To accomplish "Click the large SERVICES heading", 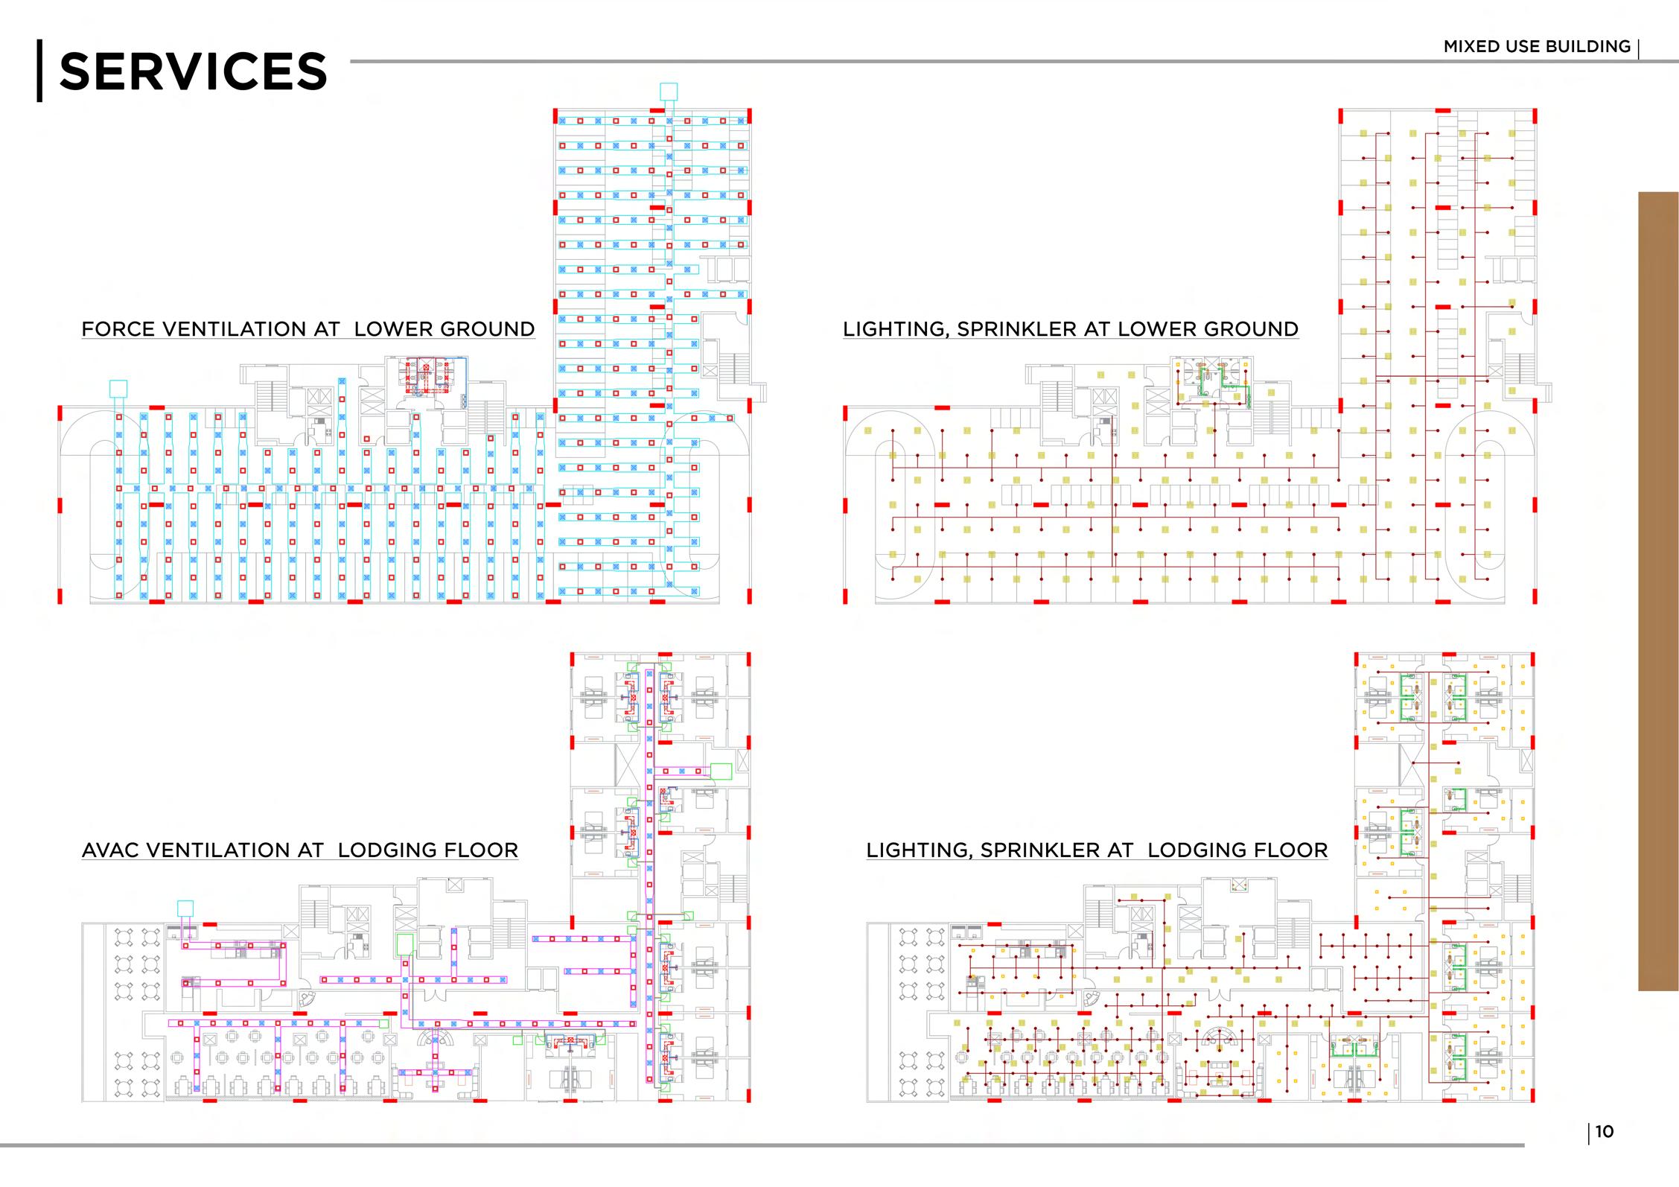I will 192,71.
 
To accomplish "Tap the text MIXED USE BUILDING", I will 1537,46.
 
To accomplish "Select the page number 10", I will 1605,1132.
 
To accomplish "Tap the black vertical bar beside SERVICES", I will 39,70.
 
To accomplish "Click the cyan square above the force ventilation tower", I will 669,92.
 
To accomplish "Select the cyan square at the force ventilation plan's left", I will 118,388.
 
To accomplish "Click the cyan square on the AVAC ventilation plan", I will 185,908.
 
